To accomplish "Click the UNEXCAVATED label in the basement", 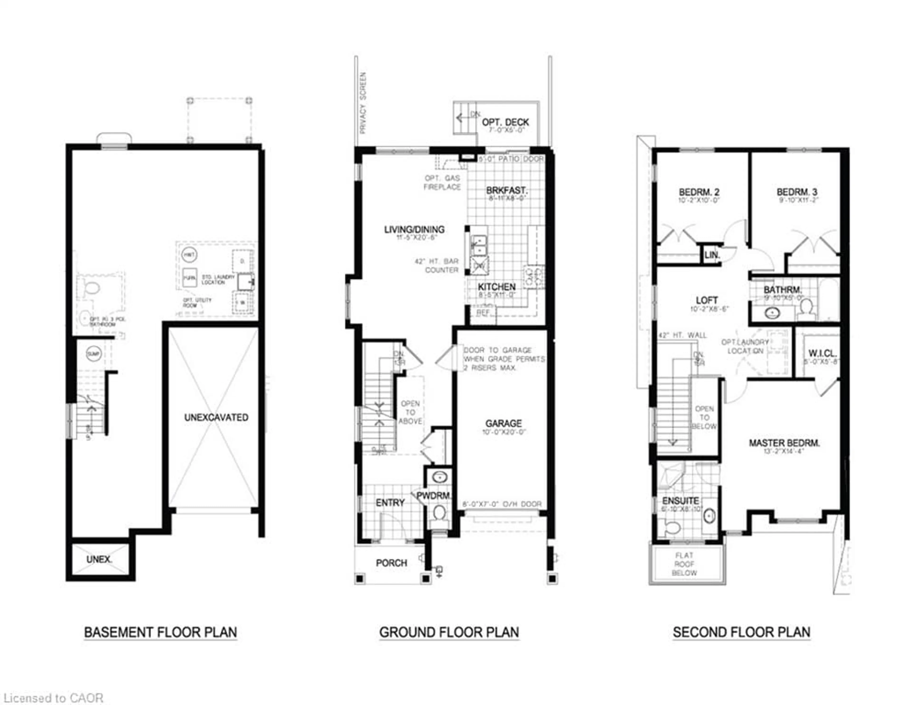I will click(x=216, y=417).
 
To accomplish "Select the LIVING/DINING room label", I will click(x=414, y=230).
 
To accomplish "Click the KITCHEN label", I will click(x=497, y=287).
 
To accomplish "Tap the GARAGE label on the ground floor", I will click(x=503, y=424).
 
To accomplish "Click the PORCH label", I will click(x=391, y=563).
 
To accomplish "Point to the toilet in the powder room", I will click(x=439, y=513).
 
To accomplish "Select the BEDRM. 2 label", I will click(x=699, y=192).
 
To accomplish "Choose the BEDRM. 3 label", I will click(x=797, y=192).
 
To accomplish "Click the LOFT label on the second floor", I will click(x=707, y=300).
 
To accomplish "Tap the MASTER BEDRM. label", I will click(x=784, y=443).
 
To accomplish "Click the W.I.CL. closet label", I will click(x=822, y=353).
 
